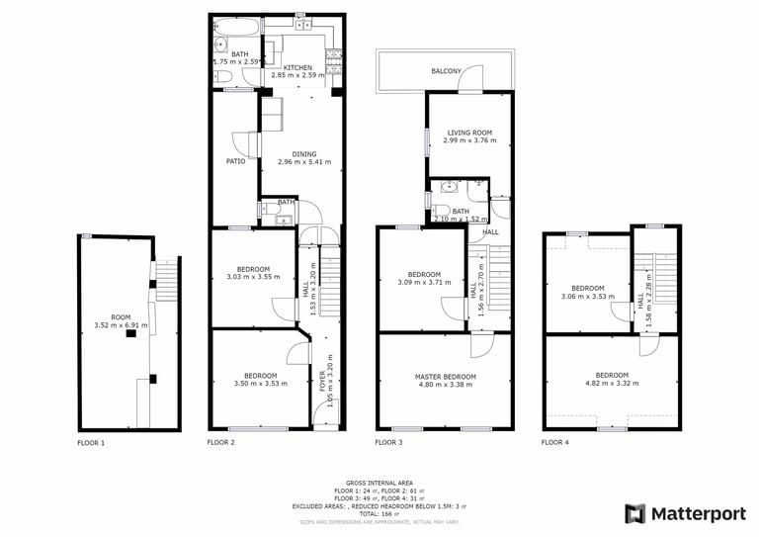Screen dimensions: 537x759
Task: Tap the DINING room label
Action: pos(304,153)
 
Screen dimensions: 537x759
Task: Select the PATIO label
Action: pos(235,160)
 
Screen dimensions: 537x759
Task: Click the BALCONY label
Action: pos(448,71)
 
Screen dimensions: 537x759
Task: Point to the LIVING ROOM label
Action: pos(469,132)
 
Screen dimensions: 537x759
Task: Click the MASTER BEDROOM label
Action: pos(445,377)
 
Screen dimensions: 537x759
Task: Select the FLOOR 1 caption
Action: pos(91,443)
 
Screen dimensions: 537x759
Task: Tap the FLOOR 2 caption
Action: pos(220,443)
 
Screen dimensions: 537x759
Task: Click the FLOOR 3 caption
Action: pos(389,443)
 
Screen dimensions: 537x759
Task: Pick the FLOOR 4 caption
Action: pos(555,443)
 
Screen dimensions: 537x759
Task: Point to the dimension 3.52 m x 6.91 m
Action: pos(113,324)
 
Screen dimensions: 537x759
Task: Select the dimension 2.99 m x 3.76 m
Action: pos(469,140)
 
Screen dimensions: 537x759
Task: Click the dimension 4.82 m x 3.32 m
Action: pos(612,384)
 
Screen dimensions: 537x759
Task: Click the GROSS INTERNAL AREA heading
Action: pos(379,483)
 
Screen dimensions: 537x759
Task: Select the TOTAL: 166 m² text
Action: pos(379,514)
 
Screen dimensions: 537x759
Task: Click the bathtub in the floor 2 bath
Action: pos(235,24)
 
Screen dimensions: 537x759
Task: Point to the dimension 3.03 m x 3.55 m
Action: pos(253,276)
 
